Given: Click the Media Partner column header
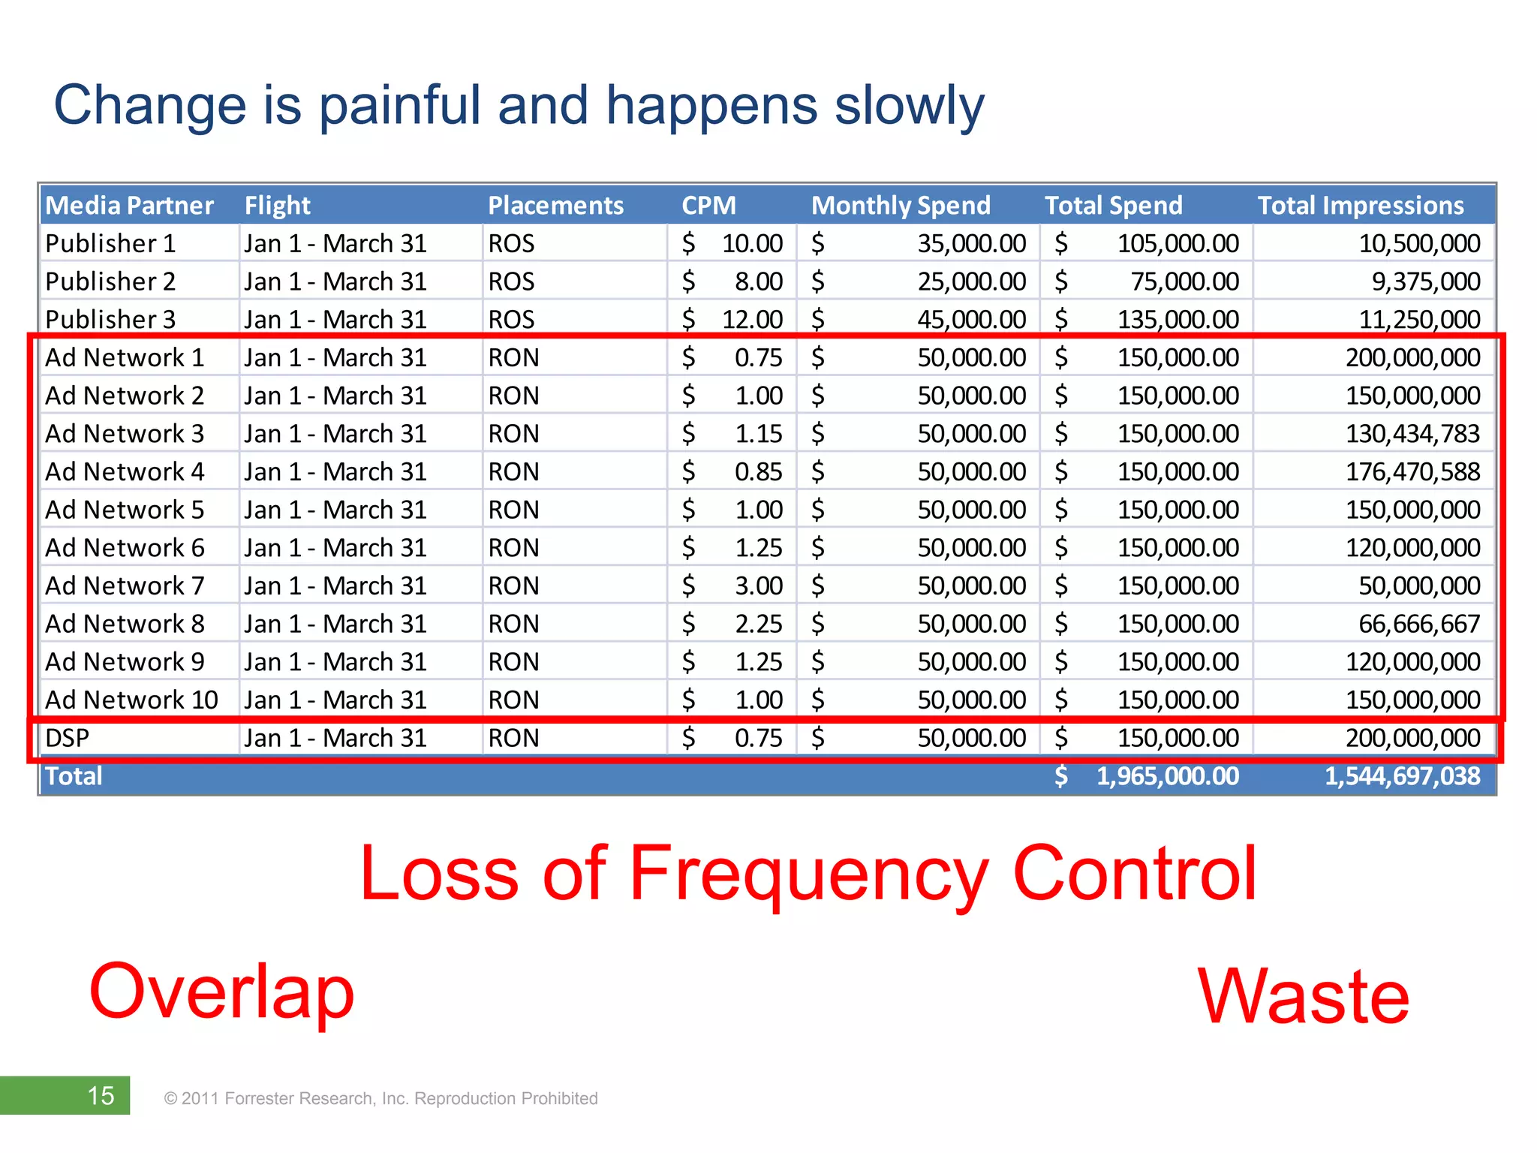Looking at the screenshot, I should click(x=129, y=206).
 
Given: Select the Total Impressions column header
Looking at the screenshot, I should click(x=1360, y=206).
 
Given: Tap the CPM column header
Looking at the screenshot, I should click(x=708, y=206).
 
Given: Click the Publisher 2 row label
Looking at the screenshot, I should click(x=110, y=281).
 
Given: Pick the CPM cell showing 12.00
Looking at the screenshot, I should click(x=751, y=320).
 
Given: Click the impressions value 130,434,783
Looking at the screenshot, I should click(x=1412, y=434).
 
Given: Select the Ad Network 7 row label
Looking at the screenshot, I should click(x=125, y=586).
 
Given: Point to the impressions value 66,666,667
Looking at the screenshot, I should click(x=1418, y=624).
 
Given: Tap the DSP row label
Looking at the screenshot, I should click(x=68, y=739).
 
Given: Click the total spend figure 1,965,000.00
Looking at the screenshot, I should click(x=1167, y=776).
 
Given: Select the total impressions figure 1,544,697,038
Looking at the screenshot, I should click(x=1401, y=776).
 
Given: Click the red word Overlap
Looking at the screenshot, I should click(x=221, y=992).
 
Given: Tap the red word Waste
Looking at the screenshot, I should click(x=1304, y=997).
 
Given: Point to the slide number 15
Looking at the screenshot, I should click(x=101, y=1096).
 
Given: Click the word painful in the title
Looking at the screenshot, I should click(x=399, y=106).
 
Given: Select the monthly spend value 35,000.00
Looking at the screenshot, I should click(x=971, y=244).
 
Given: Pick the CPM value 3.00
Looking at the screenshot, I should click(x=758, y=586).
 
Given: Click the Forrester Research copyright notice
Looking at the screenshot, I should click(x=380, y=1099).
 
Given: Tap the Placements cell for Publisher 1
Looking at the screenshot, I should click(x=512, y=244).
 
